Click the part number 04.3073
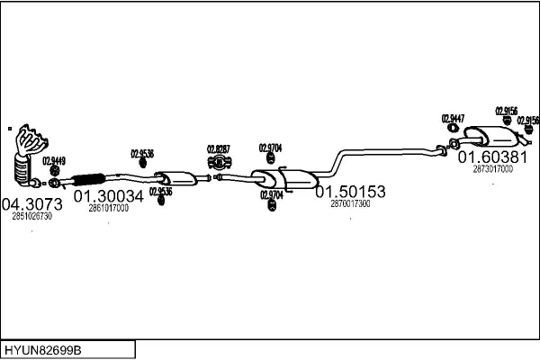tap(31, 203)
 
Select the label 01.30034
tap(109, 195)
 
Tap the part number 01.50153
tap(350, 192)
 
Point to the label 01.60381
tap(492, 157)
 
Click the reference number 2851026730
tap(31, 216)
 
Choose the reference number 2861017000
tap(108, 208)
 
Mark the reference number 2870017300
tap(350, 204)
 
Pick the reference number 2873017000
tap(492, 169)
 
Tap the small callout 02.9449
tap(54, 160)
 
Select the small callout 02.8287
tap(219, 149)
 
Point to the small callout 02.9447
tap(453, 119)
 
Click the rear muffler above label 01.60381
tap(491, 137)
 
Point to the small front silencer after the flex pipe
tap(176, 178)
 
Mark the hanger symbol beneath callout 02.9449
tap(54, 170)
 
